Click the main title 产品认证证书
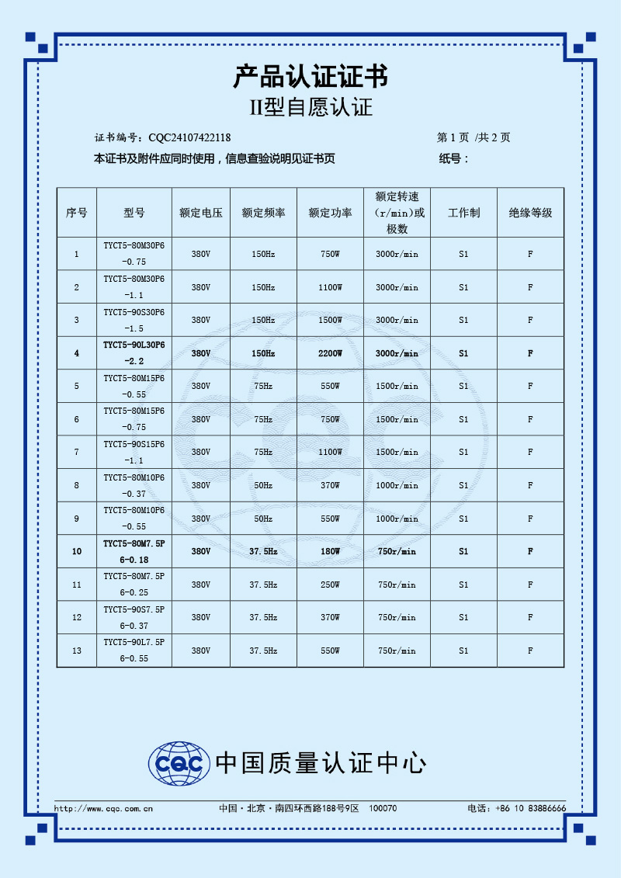click(x=310, y=77)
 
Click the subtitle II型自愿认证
click(x=310, y=107)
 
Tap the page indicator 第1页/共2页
click(x=474, y=138)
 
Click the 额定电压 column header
click(x=201, y=213)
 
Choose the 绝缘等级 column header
click(x=530, y=213)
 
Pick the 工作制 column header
click(x=463, y=213)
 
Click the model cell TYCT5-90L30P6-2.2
click(x=134, y=353)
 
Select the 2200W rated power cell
click(x=330, y=353)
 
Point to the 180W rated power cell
click(x=330, y=551)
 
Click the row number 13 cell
click(x=76, y=651)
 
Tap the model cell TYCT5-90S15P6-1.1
click(x=134, y=452)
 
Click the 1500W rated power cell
click(x=330, y=320)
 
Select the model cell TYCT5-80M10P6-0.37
click(x=134, y=485)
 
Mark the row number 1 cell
click(x=76, y=254)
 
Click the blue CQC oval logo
click(x=179, y=763)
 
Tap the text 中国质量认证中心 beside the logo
click(x=321, y=763)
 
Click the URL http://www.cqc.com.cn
click(x=103, y=809)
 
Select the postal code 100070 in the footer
click(x=383, y=809)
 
